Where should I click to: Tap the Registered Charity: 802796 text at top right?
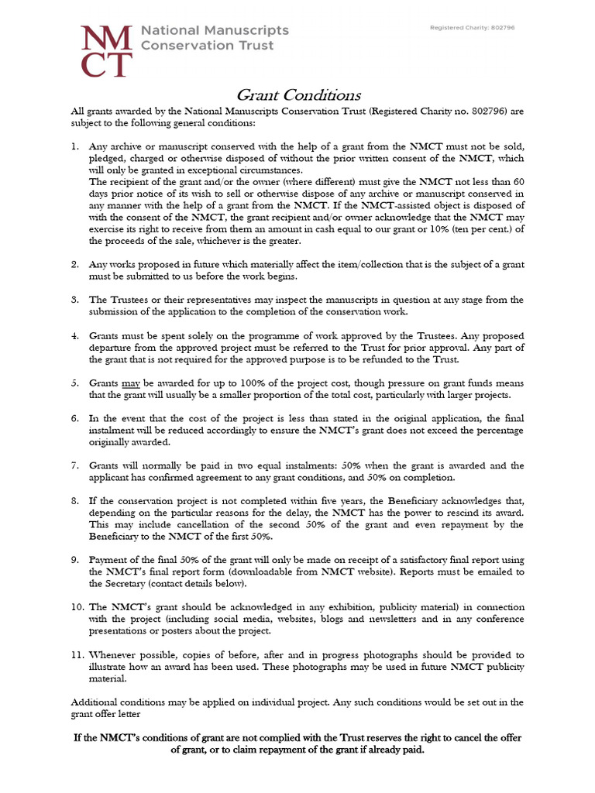pos(473,28)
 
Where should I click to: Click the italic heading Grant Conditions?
pos(297,95)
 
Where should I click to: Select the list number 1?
pos(74,147)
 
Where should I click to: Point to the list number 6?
pos(74,418)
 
